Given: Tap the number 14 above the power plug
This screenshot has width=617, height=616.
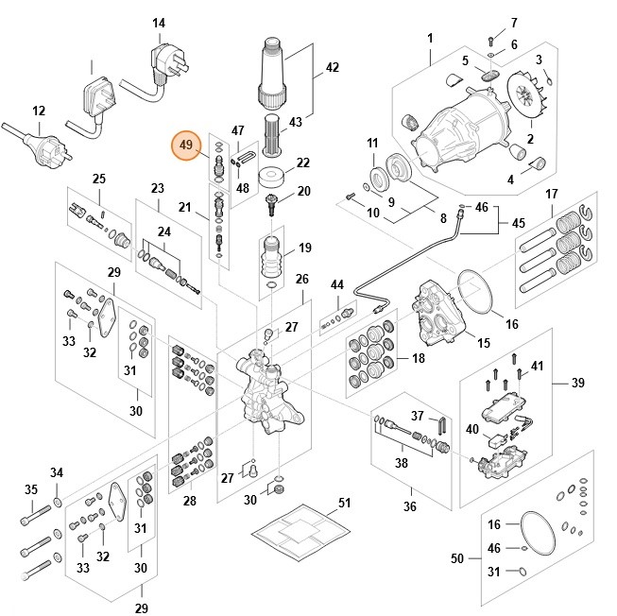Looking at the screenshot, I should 159,23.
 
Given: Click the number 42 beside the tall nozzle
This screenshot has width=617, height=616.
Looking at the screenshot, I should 332,67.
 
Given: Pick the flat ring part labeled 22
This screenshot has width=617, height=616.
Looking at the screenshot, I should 274,178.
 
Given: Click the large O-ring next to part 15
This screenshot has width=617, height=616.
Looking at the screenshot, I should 478,294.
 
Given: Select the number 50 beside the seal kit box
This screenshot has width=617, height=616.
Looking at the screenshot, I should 456,559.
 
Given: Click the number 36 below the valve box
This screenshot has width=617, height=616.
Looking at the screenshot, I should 409,506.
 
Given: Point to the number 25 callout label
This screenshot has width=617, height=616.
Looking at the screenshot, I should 98,179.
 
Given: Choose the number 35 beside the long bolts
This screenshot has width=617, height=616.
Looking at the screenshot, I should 31,489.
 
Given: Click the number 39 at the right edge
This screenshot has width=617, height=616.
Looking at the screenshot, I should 577,382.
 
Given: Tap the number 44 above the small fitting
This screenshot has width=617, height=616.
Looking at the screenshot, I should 337,284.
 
